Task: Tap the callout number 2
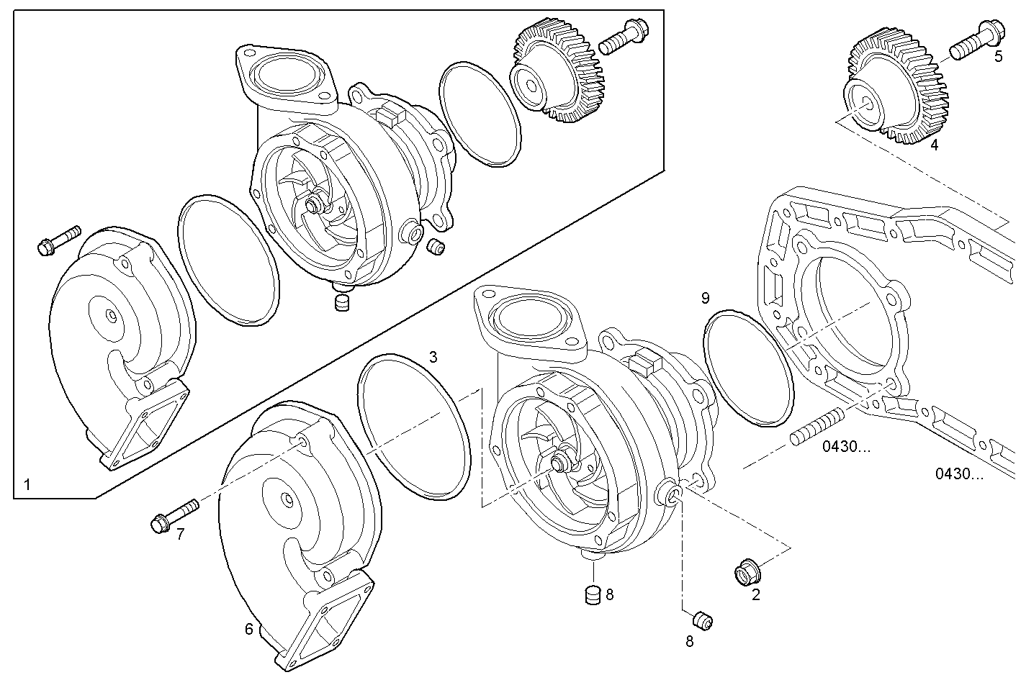coord(755,594)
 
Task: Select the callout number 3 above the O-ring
coord(433,356)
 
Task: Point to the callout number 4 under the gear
coord(934,145)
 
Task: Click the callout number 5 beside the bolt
coord(998,57)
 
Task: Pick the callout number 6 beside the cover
coord(249,630)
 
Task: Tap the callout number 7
coord(181,533)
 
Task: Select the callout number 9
coord(705,297)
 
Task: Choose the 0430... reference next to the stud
coord(846,447)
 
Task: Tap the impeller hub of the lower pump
coord(559,463)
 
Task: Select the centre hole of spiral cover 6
coord(287,499)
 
